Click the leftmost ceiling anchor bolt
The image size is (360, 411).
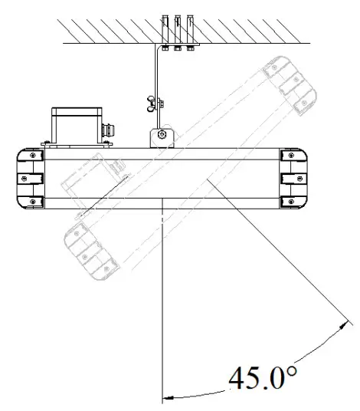tap(165, 31)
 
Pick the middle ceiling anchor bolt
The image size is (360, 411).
tap(178, 31)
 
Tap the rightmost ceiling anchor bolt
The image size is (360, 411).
tap(190, 31)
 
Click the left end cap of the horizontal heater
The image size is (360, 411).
tap(31, 179)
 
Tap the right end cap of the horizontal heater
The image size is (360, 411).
tap(294, 179)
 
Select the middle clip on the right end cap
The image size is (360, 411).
tap(290, 179)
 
